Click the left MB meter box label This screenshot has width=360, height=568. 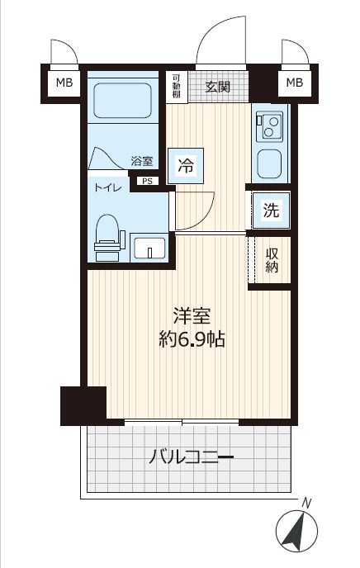(x=64, y=83)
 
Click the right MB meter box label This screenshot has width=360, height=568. (x=295, y=83)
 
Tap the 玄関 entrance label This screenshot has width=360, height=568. (x=218, y=87)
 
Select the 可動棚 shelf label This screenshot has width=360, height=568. (x=177, y=86)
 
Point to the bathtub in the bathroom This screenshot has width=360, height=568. (x=122, y=101)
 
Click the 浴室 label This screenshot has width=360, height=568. (x=142, y=161)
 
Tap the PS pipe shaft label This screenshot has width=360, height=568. (x=148, y=181)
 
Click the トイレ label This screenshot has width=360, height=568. (x=107, y=187)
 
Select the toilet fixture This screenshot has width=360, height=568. (x=107, y=238)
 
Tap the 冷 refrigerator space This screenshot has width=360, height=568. (x=185, y=166)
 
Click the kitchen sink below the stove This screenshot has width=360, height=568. (x=269, y=164)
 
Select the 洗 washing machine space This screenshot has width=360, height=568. (x=272, y=210)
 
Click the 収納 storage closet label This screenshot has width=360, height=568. (x=272, y=260)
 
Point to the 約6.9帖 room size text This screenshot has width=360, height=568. (x=192, y=340)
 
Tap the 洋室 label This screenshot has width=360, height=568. (x=192, y=315)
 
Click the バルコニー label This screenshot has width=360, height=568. (x=192, y=457)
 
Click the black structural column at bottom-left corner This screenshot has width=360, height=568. (x=83, y=405)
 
